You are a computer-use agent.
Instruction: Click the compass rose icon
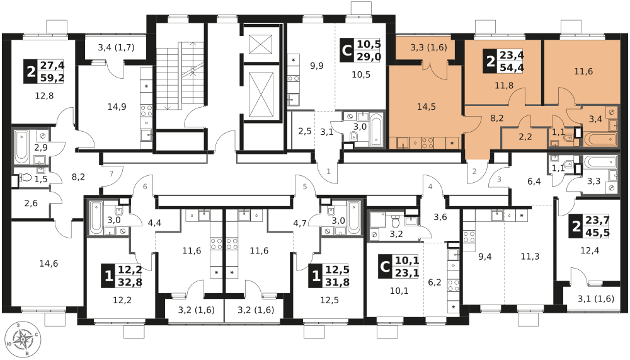(x=23, y=340)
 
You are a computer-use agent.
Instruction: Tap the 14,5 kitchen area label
(x=427, y=107)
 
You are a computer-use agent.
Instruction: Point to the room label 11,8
(x=503, y=86)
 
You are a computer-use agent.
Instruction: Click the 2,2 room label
(x=526, y=136)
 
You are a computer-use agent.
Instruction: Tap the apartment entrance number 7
(x=112, y=173)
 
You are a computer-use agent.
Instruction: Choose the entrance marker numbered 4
(x=431, y=187)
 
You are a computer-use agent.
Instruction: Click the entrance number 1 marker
(x=328, y=171)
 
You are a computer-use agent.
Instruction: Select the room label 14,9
(x=117, y=107)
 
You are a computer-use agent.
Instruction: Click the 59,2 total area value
(x=51, y=78)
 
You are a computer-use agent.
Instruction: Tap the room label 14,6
(x=49, y=264)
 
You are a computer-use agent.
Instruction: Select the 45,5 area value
(x=597, y=232)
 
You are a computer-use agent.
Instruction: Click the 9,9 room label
(x=316, y=66)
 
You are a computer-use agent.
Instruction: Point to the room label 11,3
(x=530, y=256)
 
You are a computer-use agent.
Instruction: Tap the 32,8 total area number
(x=129, y=282)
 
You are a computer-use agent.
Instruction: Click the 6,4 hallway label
(x=534, y=182)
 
